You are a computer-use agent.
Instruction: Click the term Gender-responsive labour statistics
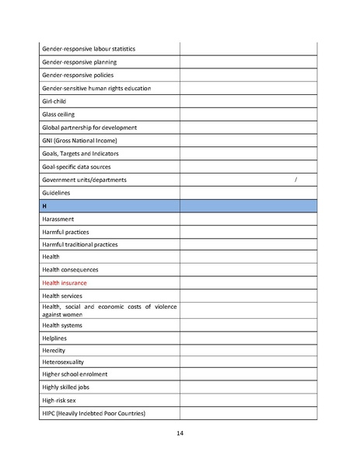click(x=88, y=49)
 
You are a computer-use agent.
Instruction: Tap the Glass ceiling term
click(x=58, y=114)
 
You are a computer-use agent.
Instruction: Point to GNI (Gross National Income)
click(x=79, y=141)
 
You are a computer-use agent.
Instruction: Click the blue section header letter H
click(x=44, y=206)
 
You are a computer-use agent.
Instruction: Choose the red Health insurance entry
click(x=65, y=283)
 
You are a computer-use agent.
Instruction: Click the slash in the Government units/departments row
click(x=296, y=180)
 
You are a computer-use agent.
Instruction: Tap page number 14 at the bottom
click(x=180, y=433)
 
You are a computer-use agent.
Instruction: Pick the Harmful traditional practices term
click(x=80, y=245)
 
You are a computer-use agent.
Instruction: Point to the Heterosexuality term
click(x=64, y=362)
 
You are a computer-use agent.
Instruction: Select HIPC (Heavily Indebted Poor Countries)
click(x=93, y=413)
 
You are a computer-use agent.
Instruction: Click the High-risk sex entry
click(x=61, y=400)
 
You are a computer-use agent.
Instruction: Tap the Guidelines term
click(x=56, y=193)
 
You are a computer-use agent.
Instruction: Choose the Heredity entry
click(x=54, y=350)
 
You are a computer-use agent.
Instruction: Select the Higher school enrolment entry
click(x=75, y=374)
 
